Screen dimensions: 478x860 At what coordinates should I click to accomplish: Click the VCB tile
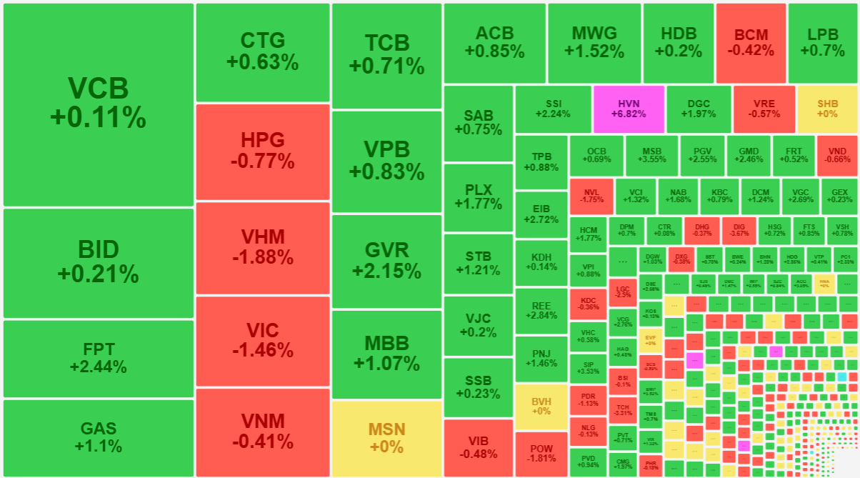[x=98, y=104]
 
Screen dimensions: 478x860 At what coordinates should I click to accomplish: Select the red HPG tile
[x=262, y=151]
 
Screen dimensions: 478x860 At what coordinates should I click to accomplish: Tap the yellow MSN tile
[x=386, y=438]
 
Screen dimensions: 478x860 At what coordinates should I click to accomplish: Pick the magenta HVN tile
[x=629, y=109]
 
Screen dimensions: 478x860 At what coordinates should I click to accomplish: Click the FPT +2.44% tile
[x=98, y=358]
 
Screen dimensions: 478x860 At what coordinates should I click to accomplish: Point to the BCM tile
[x=750, y=43]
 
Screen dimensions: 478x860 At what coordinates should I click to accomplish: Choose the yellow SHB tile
[x=826, y=109]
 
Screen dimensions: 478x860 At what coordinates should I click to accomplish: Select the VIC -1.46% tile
[x=262, y=341]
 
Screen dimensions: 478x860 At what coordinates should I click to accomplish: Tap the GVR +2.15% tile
[x=386, y=260]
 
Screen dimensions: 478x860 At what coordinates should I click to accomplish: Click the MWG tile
[x=594, y=43]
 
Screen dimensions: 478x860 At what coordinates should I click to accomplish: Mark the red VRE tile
[x=764, y=109]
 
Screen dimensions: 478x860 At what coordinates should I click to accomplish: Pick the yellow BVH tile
[x=541, y=406]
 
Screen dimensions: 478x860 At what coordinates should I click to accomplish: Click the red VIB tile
[x=478, y=447]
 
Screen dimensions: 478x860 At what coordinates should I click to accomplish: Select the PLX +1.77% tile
[x=478, y=197]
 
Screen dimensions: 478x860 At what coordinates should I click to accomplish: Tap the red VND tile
[x=837, y=155]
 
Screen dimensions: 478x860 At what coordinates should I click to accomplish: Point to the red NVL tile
[x=591, y=196]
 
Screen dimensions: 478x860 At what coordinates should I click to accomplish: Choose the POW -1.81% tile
[x=541, y=453]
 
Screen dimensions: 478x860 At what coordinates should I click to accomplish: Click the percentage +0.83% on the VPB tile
[x=386, y=172]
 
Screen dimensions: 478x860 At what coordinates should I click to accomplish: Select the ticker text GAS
[x=98, y=429]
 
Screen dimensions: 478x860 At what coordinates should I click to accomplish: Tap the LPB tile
[x=823, y=43]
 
